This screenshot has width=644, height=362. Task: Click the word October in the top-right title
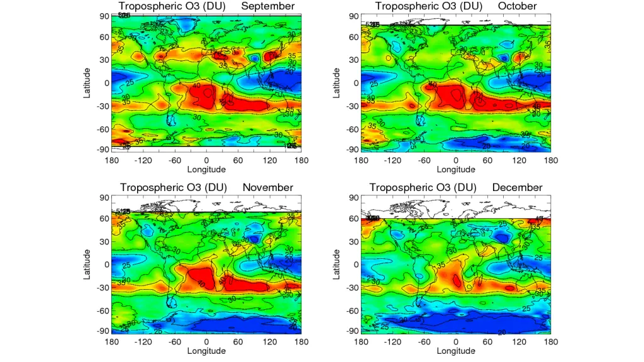click(516, 6)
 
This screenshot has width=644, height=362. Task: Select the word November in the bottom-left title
click(267, 187)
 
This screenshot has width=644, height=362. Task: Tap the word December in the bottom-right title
click(517, 187)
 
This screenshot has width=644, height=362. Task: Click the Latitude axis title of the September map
click(89, 82)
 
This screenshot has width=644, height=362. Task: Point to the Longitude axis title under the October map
click(456, 169)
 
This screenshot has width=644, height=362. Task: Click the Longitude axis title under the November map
click(206, 351)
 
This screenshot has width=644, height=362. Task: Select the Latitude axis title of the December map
click(338, 264)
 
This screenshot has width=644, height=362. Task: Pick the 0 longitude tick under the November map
click(207, 341)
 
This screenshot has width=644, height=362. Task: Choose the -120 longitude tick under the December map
click(392, 341)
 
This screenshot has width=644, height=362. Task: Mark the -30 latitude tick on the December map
click(352, 287)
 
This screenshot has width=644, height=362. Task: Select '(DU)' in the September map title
click(217, 6)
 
